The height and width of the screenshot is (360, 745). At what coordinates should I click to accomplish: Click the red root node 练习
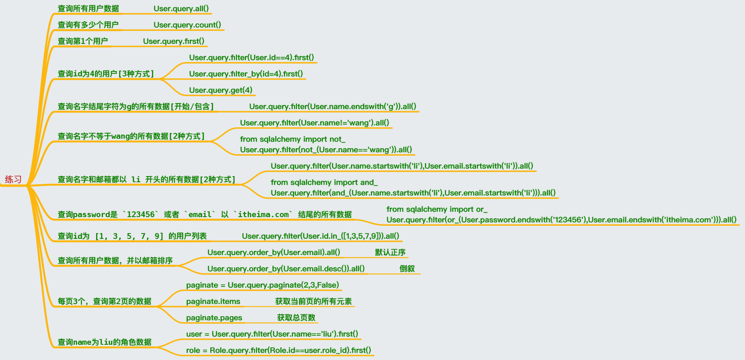(x=13, y=179)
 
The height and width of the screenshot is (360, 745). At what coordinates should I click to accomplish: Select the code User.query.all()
(x=181, y=9)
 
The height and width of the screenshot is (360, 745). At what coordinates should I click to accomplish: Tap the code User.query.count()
(x=187, y=25)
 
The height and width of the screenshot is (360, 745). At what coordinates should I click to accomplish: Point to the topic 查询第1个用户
(x=83, y=41)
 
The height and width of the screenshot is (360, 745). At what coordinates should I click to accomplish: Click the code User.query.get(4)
(x=221, y=90)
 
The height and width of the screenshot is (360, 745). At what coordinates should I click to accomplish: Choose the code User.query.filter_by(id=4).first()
(x=246, y=74)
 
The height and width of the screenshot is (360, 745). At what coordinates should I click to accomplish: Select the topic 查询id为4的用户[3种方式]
(x=106, y=74)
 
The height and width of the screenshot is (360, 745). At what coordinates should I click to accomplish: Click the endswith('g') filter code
(x=333, y=107)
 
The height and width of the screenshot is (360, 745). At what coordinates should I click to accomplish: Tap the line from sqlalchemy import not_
(x=292, y=140)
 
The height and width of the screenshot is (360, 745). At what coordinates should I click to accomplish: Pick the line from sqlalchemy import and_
(x=324, y=183)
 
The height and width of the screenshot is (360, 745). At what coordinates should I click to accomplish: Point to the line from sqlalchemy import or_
(x=437, y=209)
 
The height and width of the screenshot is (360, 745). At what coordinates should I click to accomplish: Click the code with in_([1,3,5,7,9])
(x=320, y=236)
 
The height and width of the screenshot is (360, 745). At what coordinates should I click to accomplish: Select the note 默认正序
(x=390, y=252)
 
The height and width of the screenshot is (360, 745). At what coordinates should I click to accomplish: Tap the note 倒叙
(x=407, y=269)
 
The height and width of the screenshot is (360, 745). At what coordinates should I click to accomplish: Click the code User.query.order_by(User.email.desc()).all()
(x=286, y=269)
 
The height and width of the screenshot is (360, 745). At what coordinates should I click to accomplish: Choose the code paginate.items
(x=213, y=302)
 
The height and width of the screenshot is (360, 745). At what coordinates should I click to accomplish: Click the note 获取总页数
(x=296, y=318)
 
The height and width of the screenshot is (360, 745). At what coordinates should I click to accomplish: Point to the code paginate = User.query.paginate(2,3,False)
(x=262, y=285)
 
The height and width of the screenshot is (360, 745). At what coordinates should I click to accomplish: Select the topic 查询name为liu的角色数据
(x=105, y=342)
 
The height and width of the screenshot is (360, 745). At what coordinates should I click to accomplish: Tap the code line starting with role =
(x=278, y=351)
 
